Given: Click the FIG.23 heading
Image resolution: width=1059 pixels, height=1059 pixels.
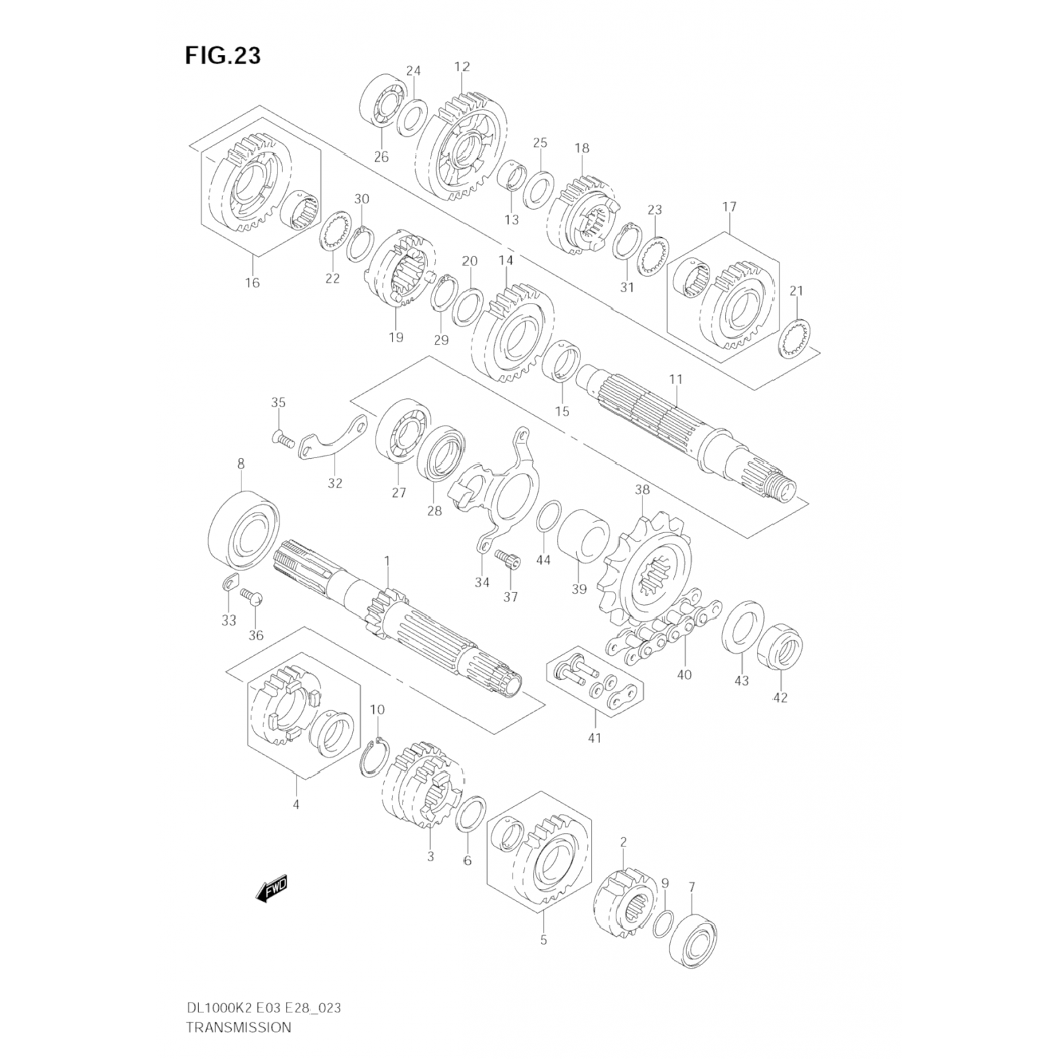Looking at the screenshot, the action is click(x=222, y=55).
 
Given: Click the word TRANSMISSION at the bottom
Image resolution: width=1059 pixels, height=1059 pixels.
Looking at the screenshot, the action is click(x=238, y=1027).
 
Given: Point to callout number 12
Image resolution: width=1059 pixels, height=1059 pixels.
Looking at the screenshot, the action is click(x=462, y=67).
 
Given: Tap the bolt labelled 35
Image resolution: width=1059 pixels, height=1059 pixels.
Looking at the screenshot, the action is click(x=282, y=441).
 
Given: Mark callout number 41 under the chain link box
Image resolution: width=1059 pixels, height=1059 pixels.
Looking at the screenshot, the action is click(x=594, y=738).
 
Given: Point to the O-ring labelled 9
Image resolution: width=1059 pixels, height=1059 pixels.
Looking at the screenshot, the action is click(x=662, y=923).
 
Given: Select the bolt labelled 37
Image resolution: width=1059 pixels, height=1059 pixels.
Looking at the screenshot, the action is click(x=508, y=562).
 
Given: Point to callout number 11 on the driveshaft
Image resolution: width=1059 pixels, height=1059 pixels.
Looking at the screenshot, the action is click(x=676, y=379).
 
